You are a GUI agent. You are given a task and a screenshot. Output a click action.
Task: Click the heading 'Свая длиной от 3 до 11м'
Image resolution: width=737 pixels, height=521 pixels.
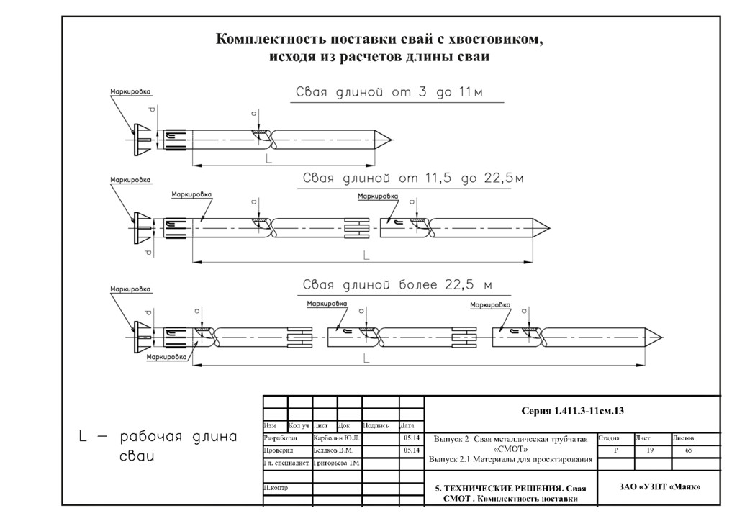(x=399, y=94)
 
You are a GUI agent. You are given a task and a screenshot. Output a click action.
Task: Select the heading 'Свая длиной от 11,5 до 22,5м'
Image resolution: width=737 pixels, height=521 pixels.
(x=412, y=178)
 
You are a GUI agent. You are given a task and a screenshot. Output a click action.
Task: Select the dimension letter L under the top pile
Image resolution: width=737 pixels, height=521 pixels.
(x=268, y=157)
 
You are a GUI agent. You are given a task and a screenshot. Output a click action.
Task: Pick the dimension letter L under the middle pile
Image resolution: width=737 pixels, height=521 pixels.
(x=366, y=255)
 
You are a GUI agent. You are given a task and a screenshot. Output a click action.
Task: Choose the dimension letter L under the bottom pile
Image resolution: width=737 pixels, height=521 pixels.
(x=366, y=358)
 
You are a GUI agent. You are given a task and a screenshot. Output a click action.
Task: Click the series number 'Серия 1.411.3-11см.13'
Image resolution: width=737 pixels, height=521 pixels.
(x=572, y=411)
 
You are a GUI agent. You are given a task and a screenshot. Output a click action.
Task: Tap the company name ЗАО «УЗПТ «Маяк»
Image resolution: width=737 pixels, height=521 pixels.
(x=659, y=487)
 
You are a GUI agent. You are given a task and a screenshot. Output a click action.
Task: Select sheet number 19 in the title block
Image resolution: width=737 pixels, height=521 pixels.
(x=650, y=450)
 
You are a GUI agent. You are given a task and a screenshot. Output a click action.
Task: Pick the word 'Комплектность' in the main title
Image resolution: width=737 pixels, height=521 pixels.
(x=271, y=39)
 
